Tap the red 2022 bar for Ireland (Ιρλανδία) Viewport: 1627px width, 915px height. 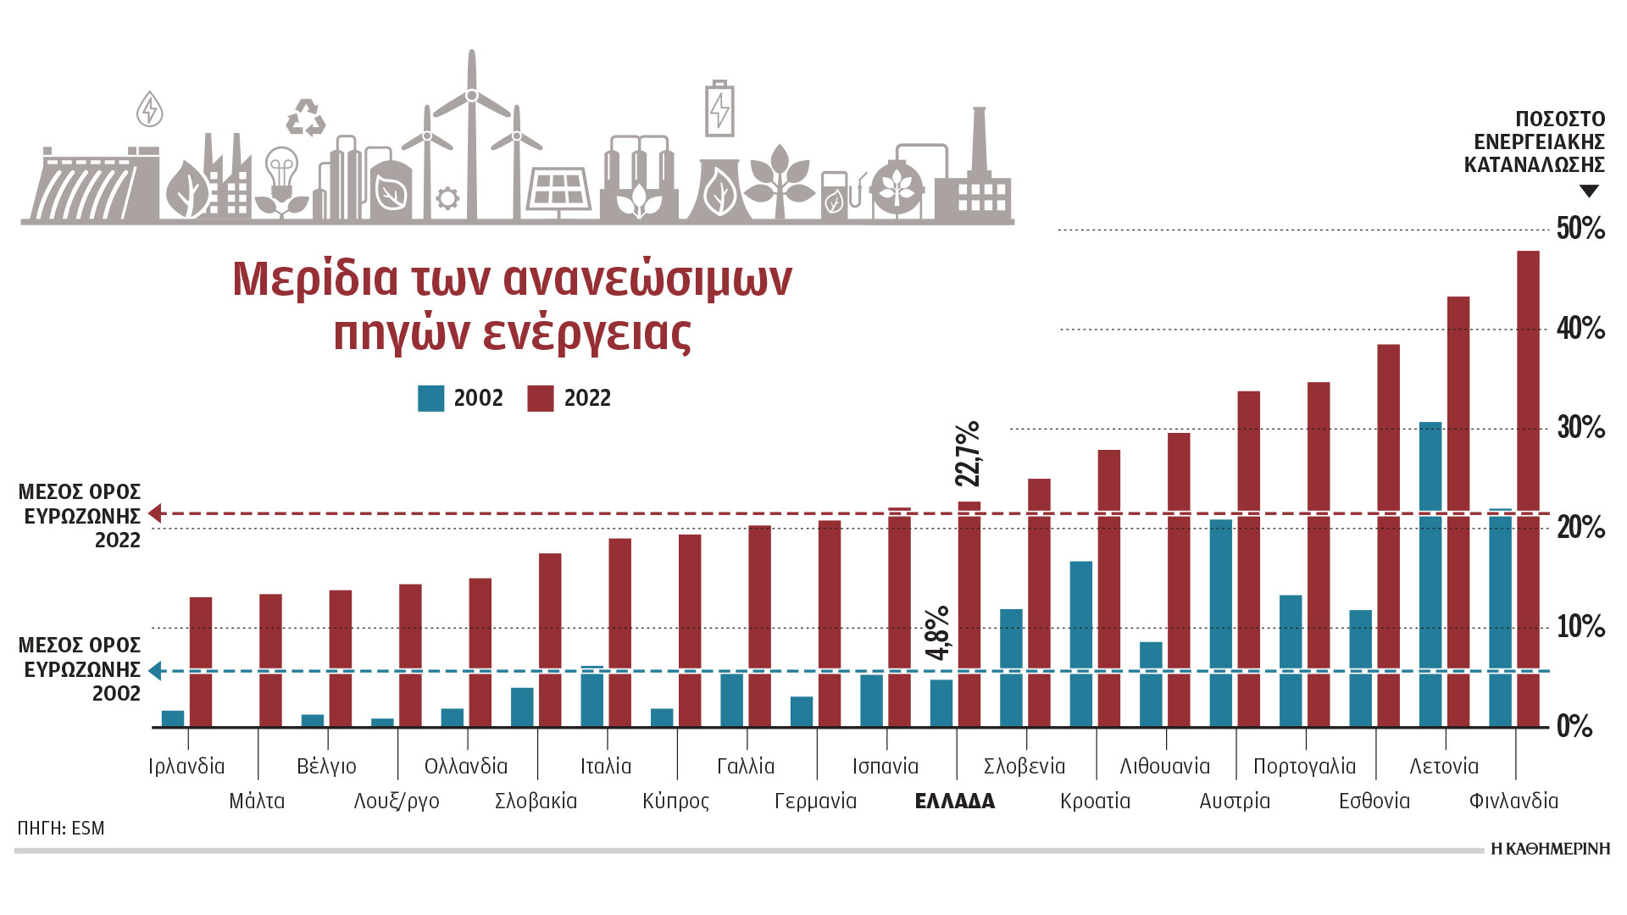201,662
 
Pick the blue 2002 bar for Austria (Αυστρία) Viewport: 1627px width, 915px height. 1221,623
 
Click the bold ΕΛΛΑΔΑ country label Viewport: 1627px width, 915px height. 955,801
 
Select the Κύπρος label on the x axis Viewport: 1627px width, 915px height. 675,801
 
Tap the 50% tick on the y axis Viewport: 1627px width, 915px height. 1580,228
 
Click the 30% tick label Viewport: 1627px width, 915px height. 1580,428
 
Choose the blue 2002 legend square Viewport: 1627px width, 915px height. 430,398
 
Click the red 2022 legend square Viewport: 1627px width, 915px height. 540,398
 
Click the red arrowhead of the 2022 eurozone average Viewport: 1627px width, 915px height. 155,513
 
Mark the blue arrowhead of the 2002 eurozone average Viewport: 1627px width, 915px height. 155,671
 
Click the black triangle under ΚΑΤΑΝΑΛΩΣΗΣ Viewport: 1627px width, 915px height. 1589,191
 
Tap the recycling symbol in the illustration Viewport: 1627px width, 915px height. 306,118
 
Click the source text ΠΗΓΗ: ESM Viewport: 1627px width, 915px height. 61,828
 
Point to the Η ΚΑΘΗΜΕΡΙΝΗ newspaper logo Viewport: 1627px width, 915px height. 1550,849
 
